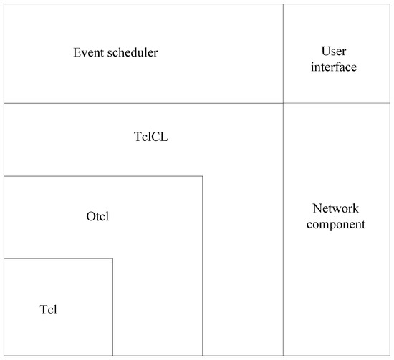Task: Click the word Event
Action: (87, 53)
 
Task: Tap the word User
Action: (334, 51)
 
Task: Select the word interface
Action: (334, 67)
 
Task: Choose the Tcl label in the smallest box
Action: (48, 309)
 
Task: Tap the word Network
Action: (336, 209)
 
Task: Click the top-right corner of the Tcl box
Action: (112, 258)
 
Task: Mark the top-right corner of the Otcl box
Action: (203, 176)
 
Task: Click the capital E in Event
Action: (77, 53)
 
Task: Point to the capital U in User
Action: (325, 51)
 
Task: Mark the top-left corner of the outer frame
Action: (4, 4)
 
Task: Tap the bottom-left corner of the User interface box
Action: (283, 103)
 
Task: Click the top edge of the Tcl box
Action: (57, 258)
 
